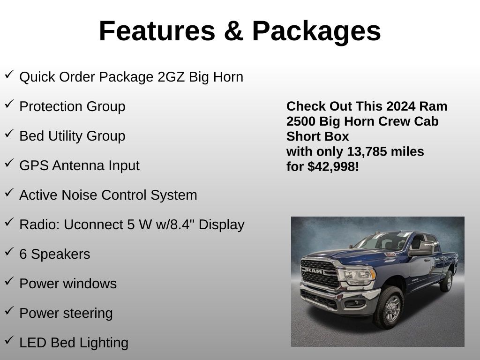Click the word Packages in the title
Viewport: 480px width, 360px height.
316,31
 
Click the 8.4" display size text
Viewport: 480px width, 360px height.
181,225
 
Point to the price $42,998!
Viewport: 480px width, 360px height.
333,166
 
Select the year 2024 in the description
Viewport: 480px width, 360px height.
400,106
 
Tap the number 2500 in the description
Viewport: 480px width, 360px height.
301,121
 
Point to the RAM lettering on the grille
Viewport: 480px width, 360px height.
313,270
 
